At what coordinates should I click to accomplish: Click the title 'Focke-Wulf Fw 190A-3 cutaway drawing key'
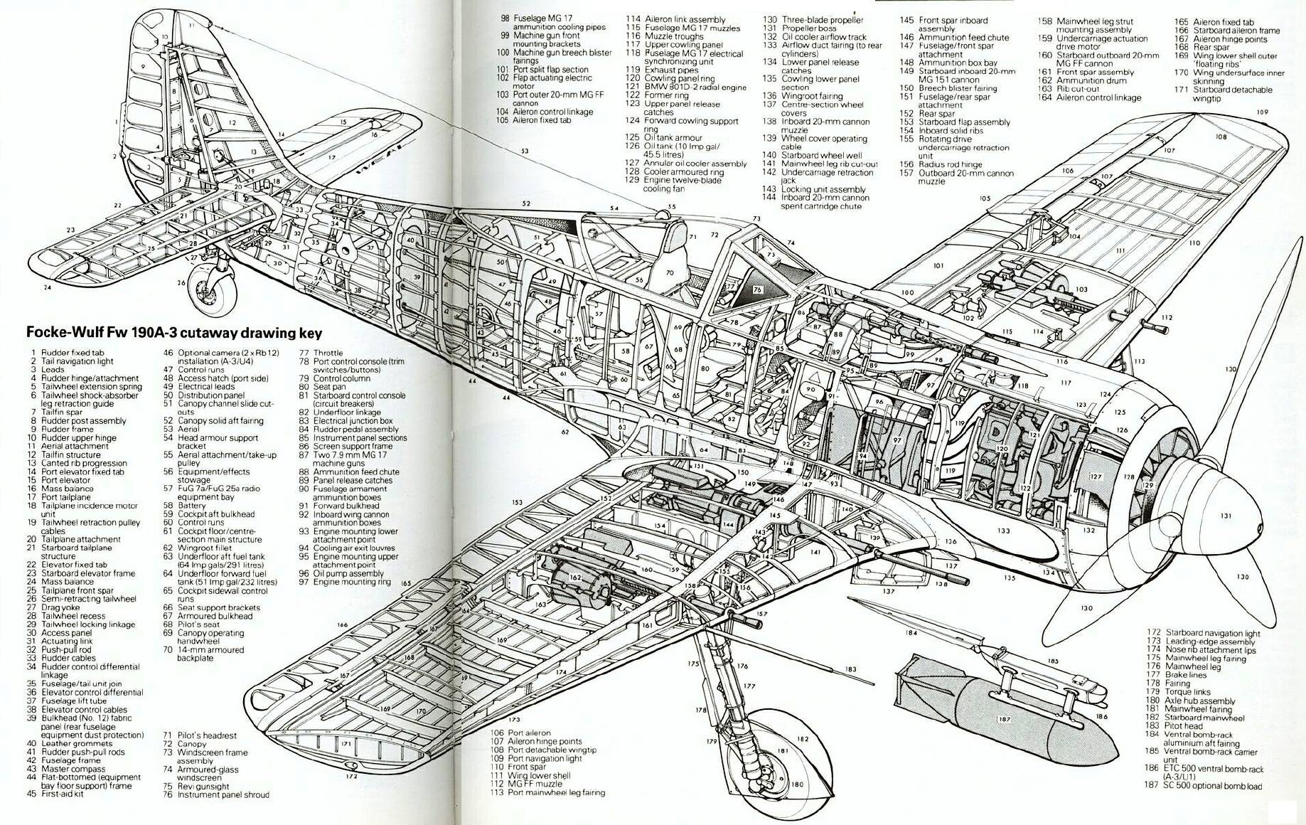(174, 333)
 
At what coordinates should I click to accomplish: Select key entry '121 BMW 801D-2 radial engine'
(685, 87)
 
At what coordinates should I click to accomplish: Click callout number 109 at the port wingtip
(1262, 112)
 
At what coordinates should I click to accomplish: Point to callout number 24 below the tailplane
(47, 287)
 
